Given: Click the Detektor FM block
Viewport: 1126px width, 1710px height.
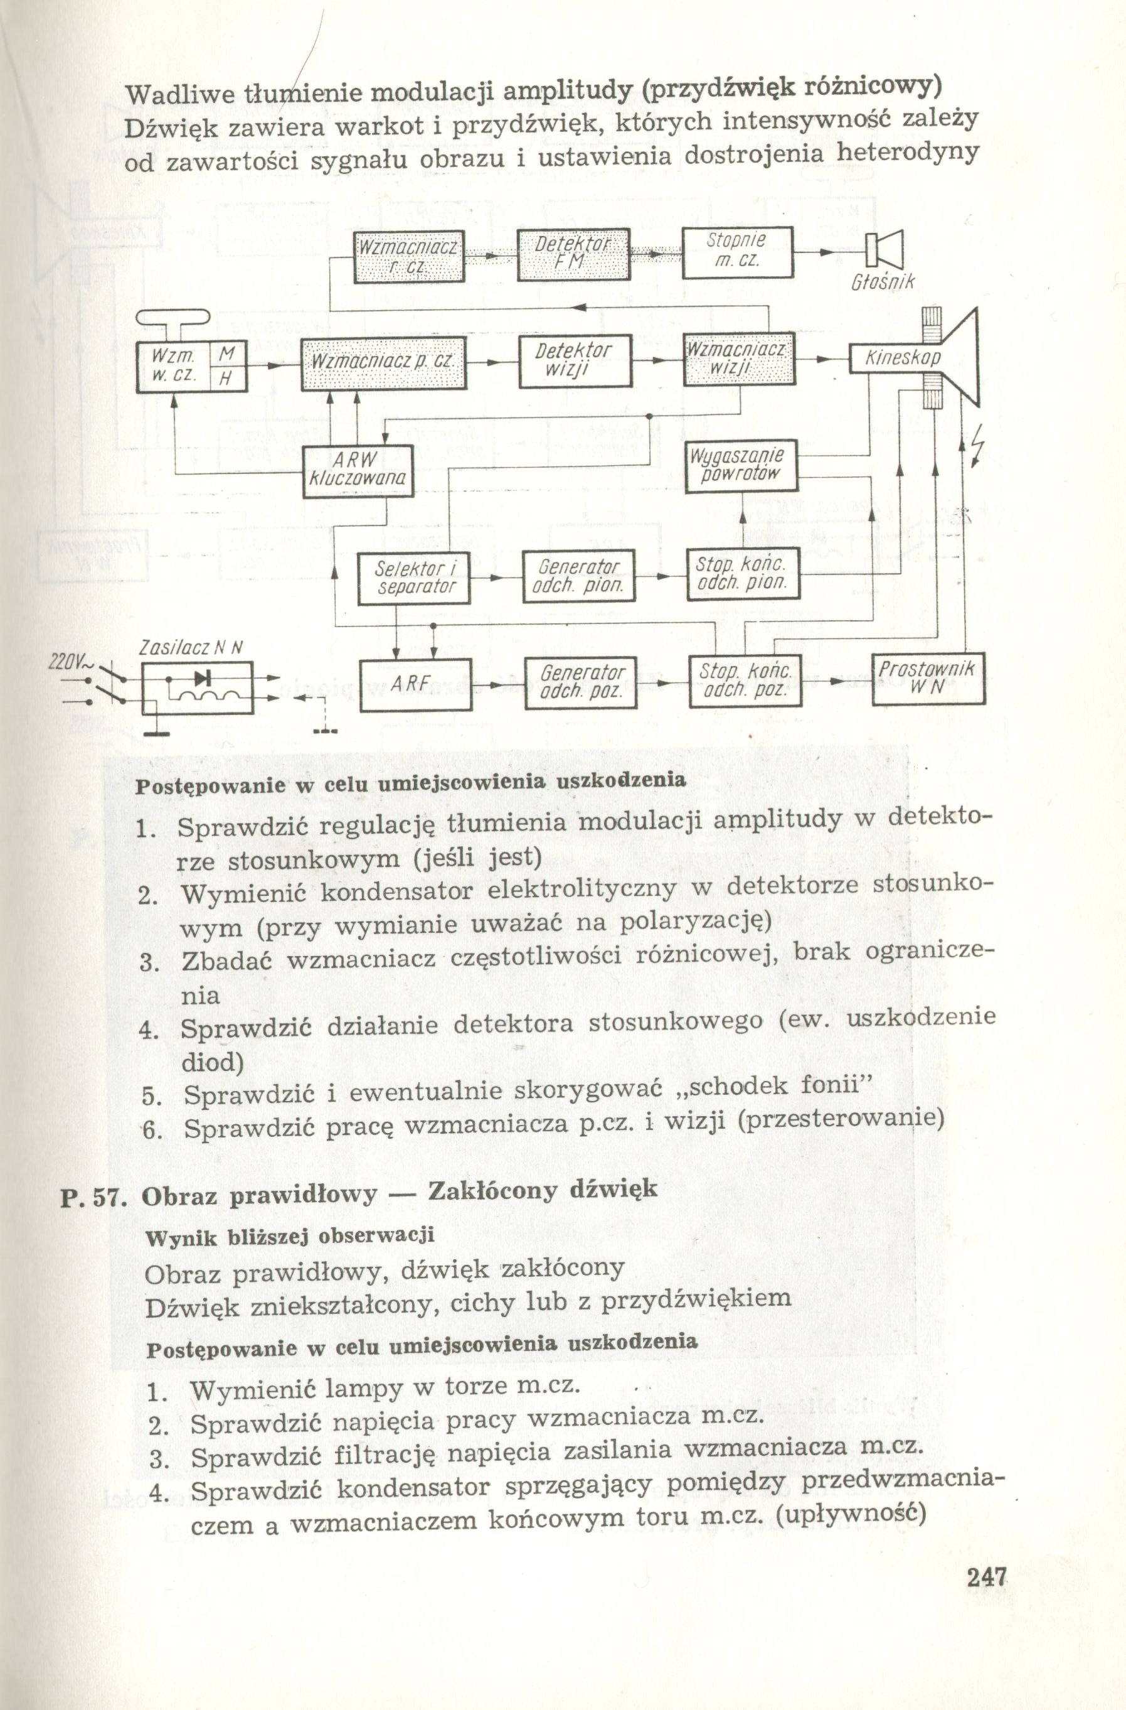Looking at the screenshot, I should (573, 254).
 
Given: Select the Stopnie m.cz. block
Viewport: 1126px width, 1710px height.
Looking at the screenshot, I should (737, 253).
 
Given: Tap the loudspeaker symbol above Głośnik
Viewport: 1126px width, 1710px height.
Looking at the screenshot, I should (884, 249).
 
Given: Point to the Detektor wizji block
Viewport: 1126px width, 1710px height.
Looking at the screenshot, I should (575, 363).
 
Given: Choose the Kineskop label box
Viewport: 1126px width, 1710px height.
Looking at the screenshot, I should (902, 358).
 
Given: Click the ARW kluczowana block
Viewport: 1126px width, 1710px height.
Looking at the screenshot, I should (358, 471).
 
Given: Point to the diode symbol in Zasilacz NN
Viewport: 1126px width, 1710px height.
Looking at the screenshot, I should (203, 677).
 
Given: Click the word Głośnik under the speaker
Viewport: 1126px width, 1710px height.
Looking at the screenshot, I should (883, 282).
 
